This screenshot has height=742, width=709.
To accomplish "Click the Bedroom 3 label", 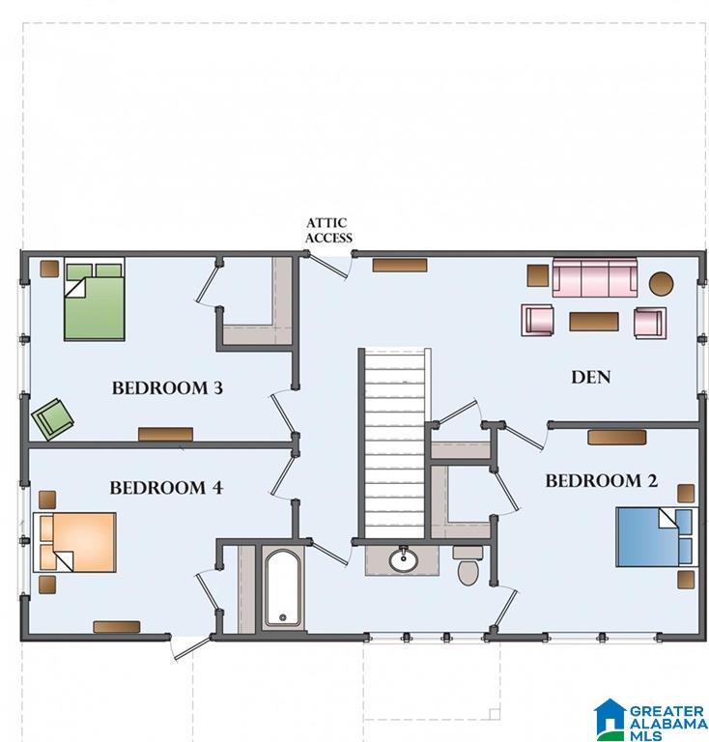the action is [167, 388].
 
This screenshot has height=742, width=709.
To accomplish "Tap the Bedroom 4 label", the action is [166, 487].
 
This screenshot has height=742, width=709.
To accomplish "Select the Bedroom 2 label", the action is [601, 481].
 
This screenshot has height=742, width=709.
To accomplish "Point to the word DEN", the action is [591, 377].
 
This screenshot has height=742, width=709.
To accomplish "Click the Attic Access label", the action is [328, 230].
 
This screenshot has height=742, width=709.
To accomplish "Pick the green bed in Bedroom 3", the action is [95, 300].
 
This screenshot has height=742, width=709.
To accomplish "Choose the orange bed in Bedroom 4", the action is [74, 542].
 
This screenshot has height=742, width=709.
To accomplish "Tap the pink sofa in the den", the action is [595, 278].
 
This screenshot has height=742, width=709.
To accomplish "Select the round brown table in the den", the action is [661, 283].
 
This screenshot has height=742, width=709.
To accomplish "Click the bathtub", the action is [282, 588].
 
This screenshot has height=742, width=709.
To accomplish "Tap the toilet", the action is [468, 565].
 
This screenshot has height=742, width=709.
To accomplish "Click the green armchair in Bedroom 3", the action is [52, 419].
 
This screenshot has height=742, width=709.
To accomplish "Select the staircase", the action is [394, 443].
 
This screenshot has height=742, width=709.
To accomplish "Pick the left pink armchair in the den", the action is [537, 321].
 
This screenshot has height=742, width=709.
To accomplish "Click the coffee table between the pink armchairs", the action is [594, 322].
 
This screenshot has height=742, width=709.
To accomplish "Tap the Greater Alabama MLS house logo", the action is [610, 720].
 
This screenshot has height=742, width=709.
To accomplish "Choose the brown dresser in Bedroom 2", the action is [617, 438].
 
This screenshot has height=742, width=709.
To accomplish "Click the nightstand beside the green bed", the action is [49, 269].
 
